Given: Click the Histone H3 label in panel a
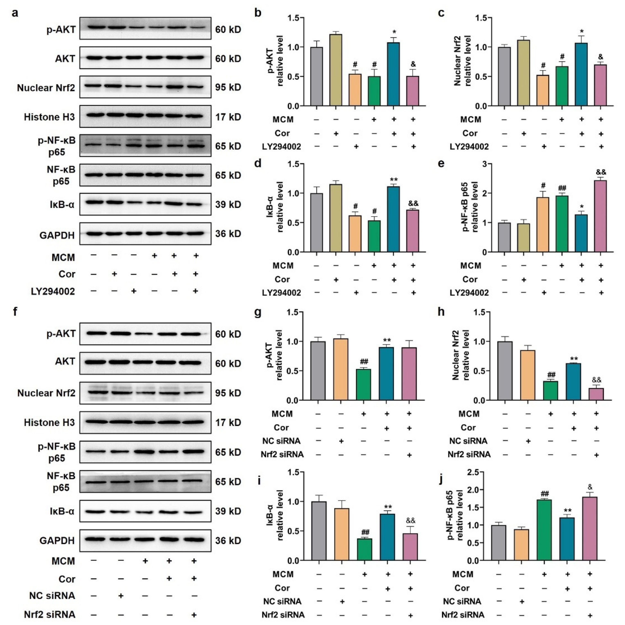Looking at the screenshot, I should (49, 117).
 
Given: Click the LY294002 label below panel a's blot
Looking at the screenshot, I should (53, 292).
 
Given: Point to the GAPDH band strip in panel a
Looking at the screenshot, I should (145, 234).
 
